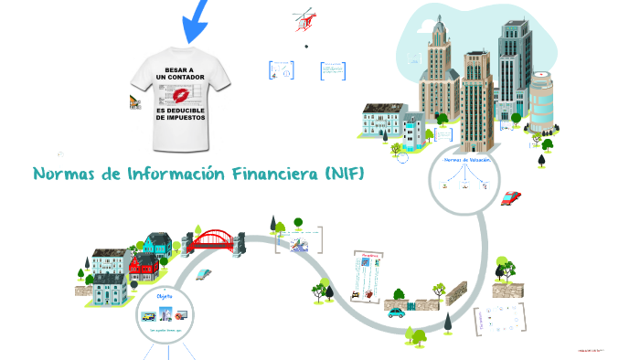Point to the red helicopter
click(x=304, y=20)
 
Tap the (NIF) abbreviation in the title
click(x=344, y=174)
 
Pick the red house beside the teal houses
click(x=144, y=267)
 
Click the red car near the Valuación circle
click(x=512, y=197)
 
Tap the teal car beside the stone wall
click(x=396, y=312)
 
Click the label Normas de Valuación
click(x=466, y=160)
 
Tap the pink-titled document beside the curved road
click(x=368, y=272)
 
